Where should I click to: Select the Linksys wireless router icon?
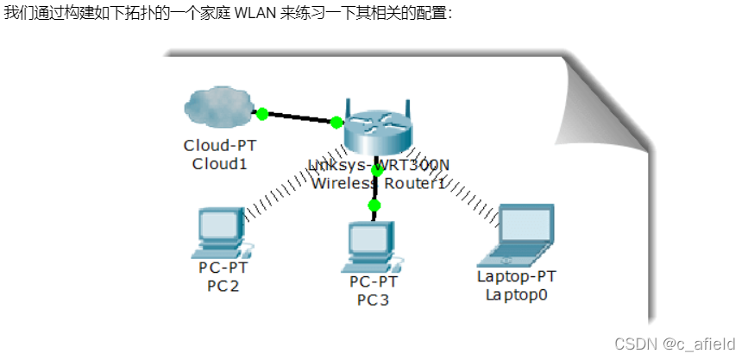click(x=377, y=132)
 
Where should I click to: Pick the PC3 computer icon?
click(x=373, y=247)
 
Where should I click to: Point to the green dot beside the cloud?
click(x=262, y=113)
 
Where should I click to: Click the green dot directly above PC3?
click(x=374, y=205)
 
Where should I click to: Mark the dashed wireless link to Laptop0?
click(x=466, y=193)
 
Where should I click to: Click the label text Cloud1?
click(x=219, y=162)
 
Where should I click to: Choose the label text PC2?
click(x=223, y=285)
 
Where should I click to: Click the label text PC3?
click(x=373, y=300)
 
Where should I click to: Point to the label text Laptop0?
click(x=517, y=294)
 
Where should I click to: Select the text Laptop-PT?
click(x=517, y=276)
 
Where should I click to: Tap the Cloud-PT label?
click(x=219, y=144)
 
